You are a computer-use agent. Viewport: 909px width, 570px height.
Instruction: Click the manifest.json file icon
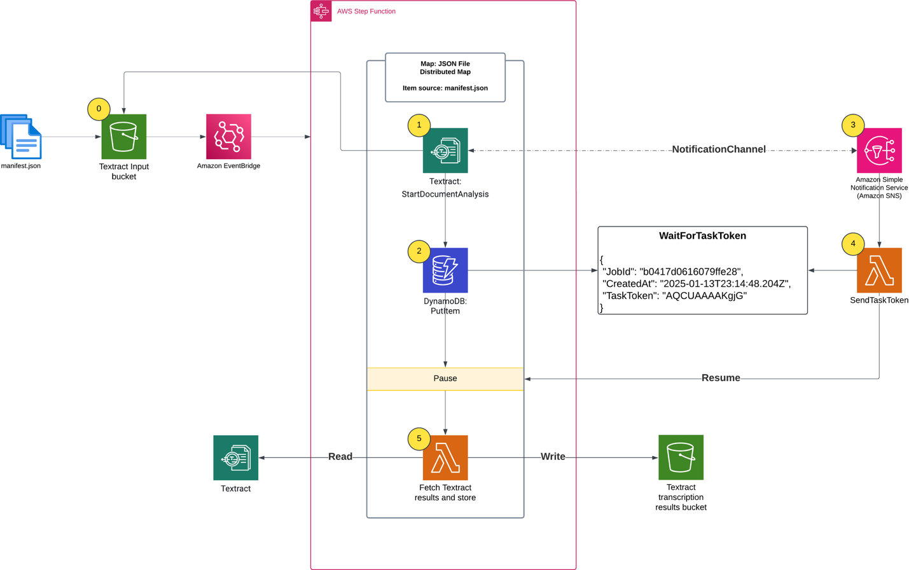[x=21, y=136]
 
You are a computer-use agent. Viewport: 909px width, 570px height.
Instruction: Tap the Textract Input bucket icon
[x=124, y=137]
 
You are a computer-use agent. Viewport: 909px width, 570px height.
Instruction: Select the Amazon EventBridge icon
[x=228, y=137]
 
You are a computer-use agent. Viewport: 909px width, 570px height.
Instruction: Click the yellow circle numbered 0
[x=99, y=109]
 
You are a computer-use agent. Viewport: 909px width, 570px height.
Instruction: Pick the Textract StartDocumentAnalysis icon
[x=445, y=151]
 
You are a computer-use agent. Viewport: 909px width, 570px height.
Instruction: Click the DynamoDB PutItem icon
[x=445, y=270]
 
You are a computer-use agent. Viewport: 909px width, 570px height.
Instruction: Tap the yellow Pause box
[x=445, y=379]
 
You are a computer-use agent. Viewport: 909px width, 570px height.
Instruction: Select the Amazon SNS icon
[x=879, y=151]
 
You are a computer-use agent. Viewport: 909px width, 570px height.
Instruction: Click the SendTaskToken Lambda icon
[x=879, y=270]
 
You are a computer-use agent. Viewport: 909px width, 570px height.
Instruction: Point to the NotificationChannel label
[x=718, y=149]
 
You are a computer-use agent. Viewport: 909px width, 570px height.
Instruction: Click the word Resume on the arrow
[x=721, y=378]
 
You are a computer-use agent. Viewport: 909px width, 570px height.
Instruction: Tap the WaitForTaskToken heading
[x=702, y=236]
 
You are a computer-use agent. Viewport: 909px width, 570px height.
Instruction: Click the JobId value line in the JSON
[x=673, y=272]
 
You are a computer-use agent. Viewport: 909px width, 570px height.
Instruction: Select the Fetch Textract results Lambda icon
[x=445, y=458]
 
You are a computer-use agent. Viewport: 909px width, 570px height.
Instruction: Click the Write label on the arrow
[x=553, y=457]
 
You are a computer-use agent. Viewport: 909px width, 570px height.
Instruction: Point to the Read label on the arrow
[x=340, y=457]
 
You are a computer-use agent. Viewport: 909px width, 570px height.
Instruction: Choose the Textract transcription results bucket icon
[x=681, y=457]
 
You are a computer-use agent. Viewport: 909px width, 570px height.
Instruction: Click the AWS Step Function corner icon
[x=321, y=11]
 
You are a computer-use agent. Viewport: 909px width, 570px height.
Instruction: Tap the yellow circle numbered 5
[x=419, y=438]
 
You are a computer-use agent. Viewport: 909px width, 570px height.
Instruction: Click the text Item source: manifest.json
[x=445, y=88]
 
